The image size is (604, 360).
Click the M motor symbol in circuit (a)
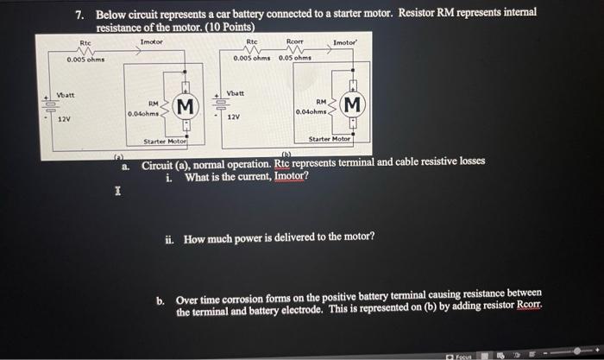click(x=182, y=107)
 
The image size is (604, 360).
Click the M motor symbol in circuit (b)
click(x=352, y=105)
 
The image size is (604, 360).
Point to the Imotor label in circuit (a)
click(x=152, y=41)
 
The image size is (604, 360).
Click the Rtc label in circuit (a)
click(x=85, y=42)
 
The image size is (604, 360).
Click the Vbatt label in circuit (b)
click(x=236, y=92)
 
